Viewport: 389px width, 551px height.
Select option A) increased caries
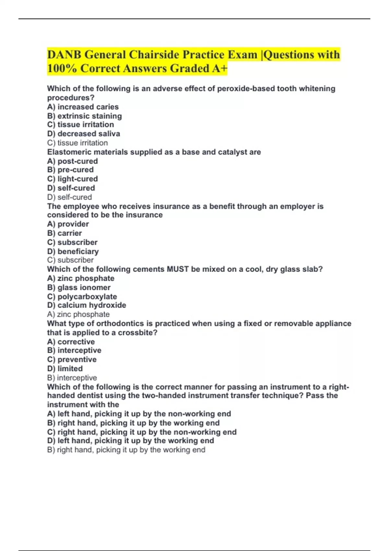tap(83, 107)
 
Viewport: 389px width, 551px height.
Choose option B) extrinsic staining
tap(84, 116)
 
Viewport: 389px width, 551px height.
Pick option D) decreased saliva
tap(83, 134)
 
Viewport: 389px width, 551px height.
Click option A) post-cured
tap(72, 161)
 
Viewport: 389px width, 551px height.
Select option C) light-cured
tap(72, 179)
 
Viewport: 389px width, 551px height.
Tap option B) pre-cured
tap(70, 170)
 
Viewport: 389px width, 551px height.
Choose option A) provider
tap(68, 224)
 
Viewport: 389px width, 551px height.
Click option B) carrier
tap(65, 233)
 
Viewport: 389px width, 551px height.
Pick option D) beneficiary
tap(73, 251)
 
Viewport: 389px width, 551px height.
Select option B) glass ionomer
tap(79, 287)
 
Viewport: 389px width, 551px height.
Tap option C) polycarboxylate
tap(82, 297)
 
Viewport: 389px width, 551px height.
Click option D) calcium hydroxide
tap(87, 305)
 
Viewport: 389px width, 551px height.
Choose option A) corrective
tap(71, 342)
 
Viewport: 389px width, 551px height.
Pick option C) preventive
tap(72, 359)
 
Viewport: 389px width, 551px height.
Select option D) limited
tap(65, 369)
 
